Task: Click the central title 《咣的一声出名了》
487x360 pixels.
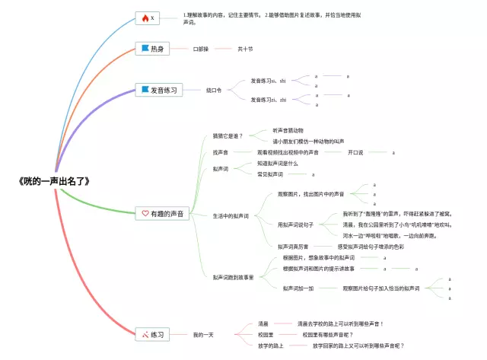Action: [54, 182]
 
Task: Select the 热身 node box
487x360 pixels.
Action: [151, 49]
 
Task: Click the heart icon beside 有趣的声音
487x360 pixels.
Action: [145, 213]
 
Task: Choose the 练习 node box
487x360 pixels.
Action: [151, 334]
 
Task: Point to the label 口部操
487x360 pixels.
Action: [200, 49]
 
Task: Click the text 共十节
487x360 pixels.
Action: [245, 49]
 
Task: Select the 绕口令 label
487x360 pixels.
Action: [214, 90]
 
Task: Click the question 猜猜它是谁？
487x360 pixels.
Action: [228, 135]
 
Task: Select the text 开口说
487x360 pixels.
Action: [355, 152]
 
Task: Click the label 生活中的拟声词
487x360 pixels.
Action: [231, 216]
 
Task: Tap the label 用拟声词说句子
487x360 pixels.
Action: [296, 225]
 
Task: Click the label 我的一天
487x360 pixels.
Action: [203, 334]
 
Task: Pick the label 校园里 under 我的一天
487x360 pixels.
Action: [266, 334]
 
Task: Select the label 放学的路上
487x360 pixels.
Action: [272, 346]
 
